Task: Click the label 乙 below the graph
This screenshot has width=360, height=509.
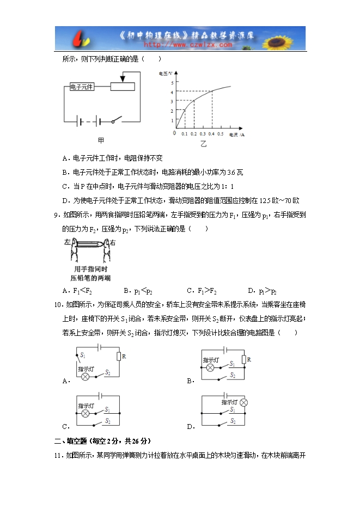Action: click(x=203, y=144)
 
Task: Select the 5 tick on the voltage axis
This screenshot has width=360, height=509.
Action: click(x=172, y=83)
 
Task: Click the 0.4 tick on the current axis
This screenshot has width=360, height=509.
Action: click(x=211, y=133)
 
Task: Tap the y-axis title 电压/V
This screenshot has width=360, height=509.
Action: click(x=166, y=72)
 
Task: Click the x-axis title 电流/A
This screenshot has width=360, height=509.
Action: click(x=236, y=133)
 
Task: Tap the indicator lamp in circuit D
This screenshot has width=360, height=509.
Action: click(x=243, y=402)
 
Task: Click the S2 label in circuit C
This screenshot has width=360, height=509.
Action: click(x=107, y=421)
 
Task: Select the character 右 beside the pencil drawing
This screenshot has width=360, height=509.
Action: click(x=113, y=242)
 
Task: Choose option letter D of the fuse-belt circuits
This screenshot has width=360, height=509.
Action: click(x=190, y=427)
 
